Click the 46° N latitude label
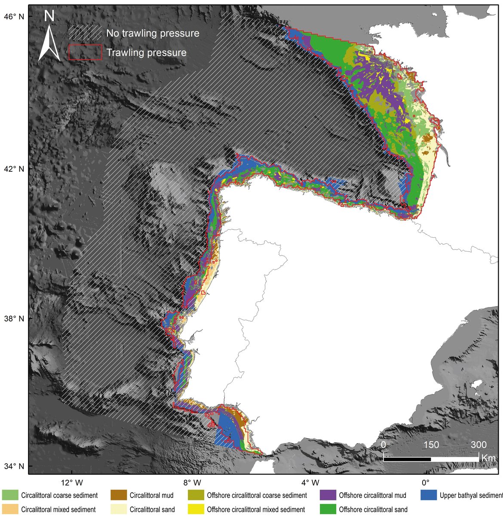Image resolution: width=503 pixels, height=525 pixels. [15, 16]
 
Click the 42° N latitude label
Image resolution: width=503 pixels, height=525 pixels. [15, 169]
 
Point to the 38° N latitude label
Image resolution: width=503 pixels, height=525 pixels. [15, 319]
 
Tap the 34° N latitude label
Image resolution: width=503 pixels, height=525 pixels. [15, 466]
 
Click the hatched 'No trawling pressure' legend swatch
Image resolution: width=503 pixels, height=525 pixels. [85, 33]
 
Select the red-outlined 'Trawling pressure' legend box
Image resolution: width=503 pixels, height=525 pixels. [85, 52]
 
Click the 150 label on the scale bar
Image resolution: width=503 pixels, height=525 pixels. [431, 445]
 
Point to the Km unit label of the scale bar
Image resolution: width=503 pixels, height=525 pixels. [488, 458]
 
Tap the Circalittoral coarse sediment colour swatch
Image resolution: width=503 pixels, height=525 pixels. [10, 495]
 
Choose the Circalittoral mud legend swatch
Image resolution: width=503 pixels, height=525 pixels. [119, 495]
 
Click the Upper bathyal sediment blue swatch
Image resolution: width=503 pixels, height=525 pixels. [429, 495]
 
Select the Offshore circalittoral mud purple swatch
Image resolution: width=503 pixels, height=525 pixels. [328, 495]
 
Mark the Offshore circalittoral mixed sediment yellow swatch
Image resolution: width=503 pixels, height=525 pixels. [196, 510]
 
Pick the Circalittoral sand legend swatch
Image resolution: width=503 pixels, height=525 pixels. [119, 510]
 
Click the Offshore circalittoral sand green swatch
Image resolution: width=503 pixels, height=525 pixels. [328, 510]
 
